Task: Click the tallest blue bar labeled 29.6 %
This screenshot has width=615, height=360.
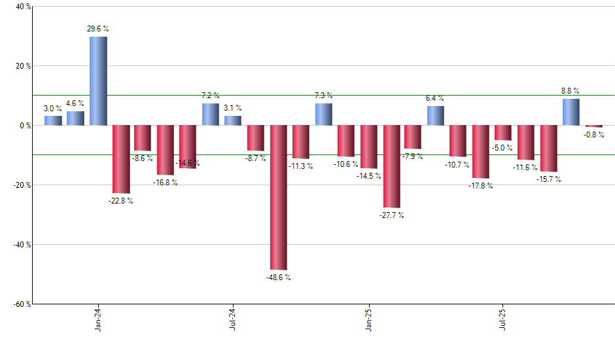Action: coord(98,81)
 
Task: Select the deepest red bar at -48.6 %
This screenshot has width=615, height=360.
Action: coord(278,197)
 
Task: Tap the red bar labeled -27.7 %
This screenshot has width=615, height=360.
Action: coord(391,166)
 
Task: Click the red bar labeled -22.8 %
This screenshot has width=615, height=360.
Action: coord(121,159)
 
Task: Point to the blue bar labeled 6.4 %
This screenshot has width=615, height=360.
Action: coord(436,115)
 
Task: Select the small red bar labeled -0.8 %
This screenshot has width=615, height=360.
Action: coord(593,126)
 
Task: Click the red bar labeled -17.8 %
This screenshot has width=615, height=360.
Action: coord(480,151)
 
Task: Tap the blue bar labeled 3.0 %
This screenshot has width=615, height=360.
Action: coord(53,120)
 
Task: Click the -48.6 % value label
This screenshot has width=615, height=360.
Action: coord(278,278)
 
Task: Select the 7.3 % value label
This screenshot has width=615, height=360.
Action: coord(324,96)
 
